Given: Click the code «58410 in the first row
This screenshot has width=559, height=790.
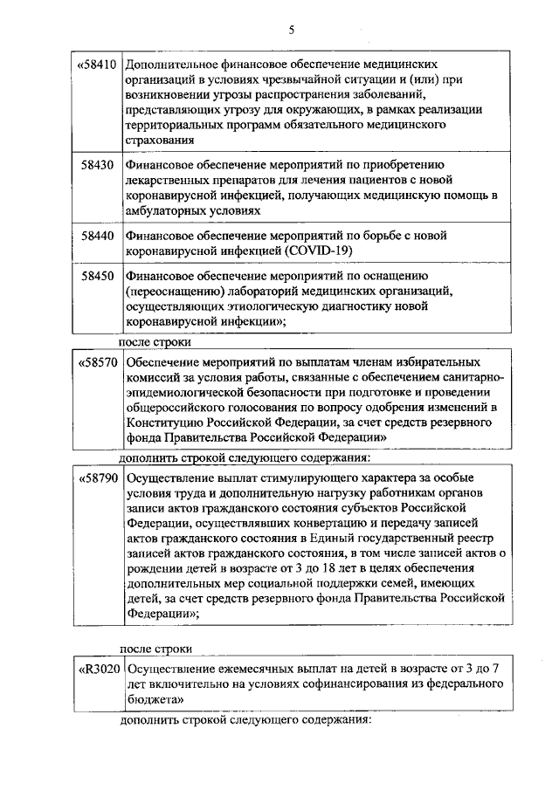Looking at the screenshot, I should point(97,65).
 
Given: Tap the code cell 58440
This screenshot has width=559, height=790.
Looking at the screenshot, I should point(98,236).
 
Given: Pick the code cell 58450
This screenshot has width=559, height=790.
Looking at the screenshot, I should point(98,276).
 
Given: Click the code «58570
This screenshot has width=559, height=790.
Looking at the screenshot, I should point(97,361).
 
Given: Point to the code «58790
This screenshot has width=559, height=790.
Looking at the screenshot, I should point(97,479).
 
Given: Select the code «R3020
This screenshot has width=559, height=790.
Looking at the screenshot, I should point(97,670).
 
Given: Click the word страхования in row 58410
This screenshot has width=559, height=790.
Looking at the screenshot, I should point(162,140).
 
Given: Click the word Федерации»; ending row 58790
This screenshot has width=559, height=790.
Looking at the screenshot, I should point(161,614).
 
